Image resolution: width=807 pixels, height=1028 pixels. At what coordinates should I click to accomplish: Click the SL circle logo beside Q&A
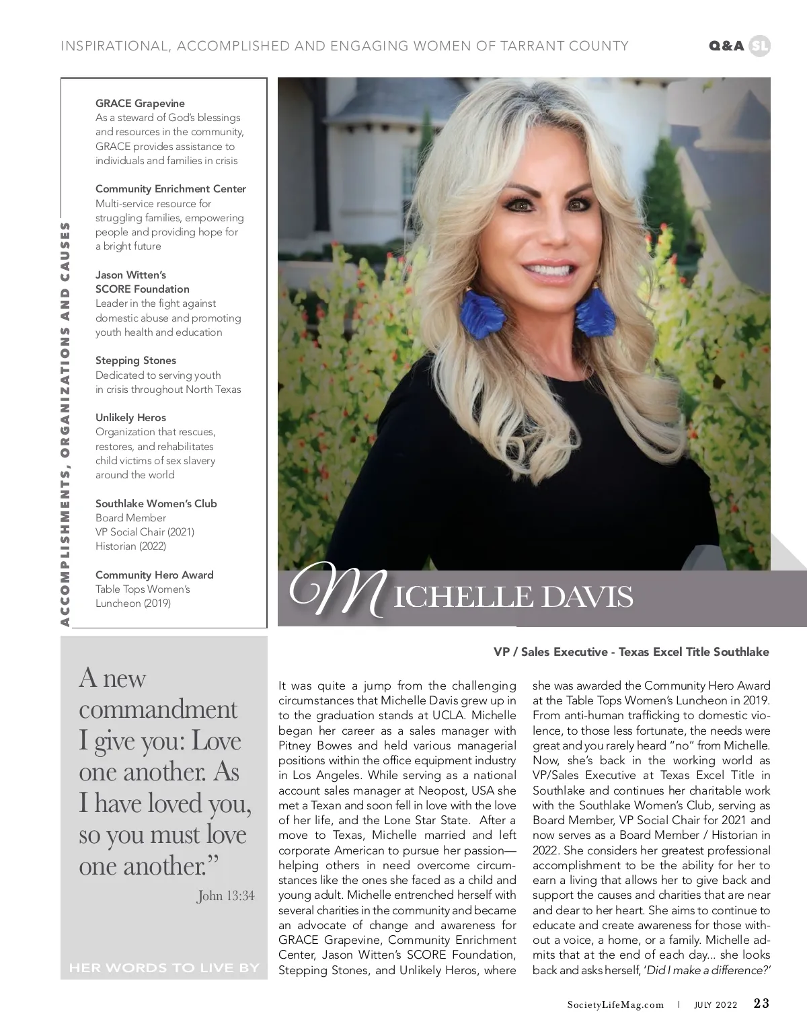tap(759, 46)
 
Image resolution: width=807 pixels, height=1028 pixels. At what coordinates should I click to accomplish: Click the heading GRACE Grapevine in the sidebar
tap(140, 104)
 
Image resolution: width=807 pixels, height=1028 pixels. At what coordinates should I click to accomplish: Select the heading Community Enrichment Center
tap(171, 189)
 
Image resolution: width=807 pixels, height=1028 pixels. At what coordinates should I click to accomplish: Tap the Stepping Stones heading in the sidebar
tap(136, 361)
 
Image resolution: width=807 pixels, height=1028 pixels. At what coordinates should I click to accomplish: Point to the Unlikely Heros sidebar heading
tap(130, 418)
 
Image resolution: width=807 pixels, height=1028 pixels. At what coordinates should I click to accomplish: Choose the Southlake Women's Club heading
tap(156, 504)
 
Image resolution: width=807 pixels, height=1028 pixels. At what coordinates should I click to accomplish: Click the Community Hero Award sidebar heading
tap(155, 575)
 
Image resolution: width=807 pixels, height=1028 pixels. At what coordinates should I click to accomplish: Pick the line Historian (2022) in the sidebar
tap(130, 546)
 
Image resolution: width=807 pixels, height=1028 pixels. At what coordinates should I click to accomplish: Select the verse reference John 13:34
tap(226, 896)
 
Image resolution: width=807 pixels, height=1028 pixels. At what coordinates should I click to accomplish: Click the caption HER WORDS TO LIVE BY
tap(164, 968)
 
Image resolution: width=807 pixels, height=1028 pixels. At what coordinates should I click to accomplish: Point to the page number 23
tap(761, 1004)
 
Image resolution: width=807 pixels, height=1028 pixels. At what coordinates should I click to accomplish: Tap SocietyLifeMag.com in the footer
tap(615, 1005)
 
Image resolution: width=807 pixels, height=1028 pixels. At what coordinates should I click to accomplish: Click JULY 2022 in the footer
tap(716, 1005)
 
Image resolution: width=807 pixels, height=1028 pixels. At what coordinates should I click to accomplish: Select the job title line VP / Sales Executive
tap(631, 652)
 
